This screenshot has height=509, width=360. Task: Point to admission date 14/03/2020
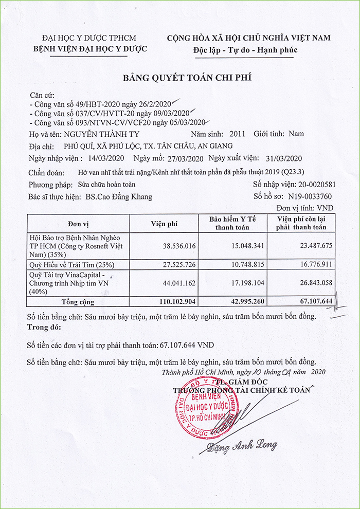106,158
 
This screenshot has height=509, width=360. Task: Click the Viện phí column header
164,224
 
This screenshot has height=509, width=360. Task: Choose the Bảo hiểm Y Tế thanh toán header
232,224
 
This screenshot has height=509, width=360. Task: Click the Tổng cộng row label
78,301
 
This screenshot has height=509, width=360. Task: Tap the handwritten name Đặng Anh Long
243,445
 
